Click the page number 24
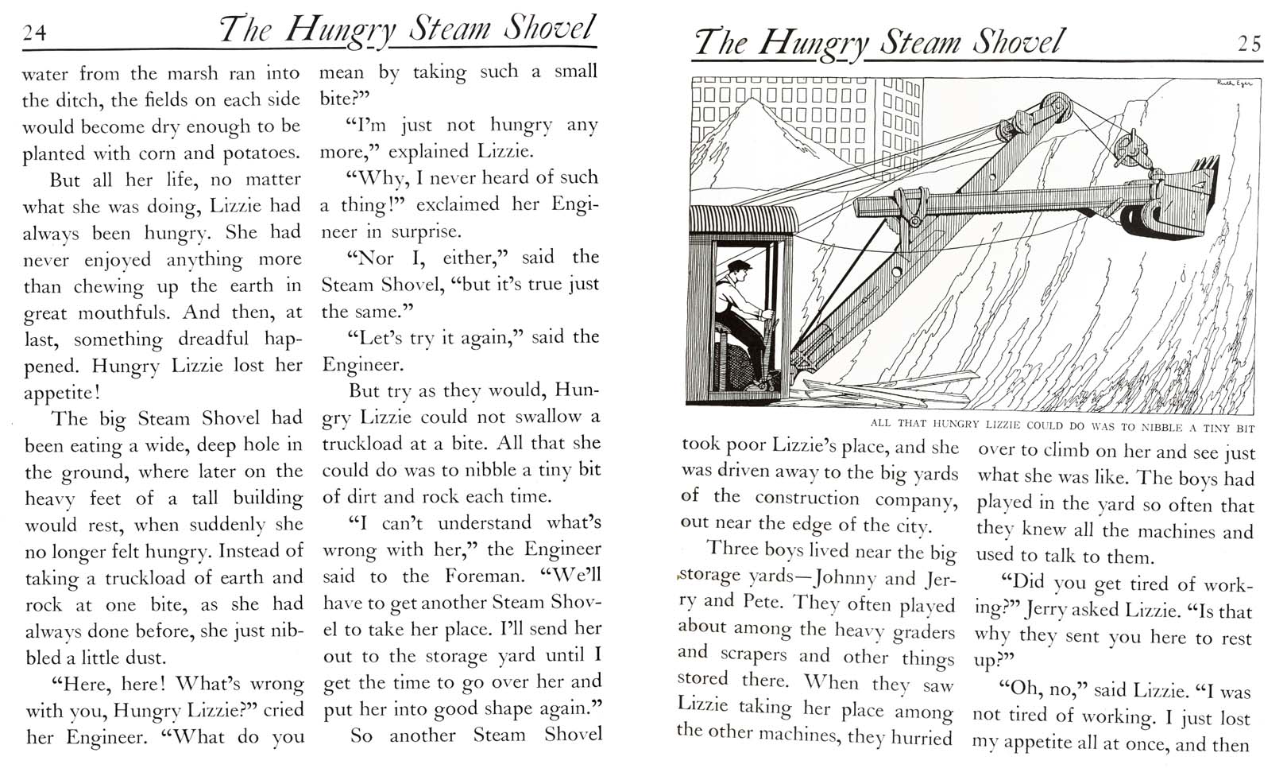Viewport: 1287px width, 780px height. (x=35, y=32)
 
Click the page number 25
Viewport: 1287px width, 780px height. (x=1250, y=44)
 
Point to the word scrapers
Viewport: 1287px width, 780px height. (x=754, y=654)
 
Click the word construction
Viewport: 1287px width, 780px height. (x=806, y=499)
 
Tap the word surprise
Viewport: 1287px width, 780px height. (x=428, y=231)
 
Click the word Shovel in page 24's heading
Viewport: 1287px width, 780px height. (x=548, y=29)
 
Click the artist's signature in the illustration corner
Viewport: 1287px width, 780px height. (x=1235, y=83)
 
